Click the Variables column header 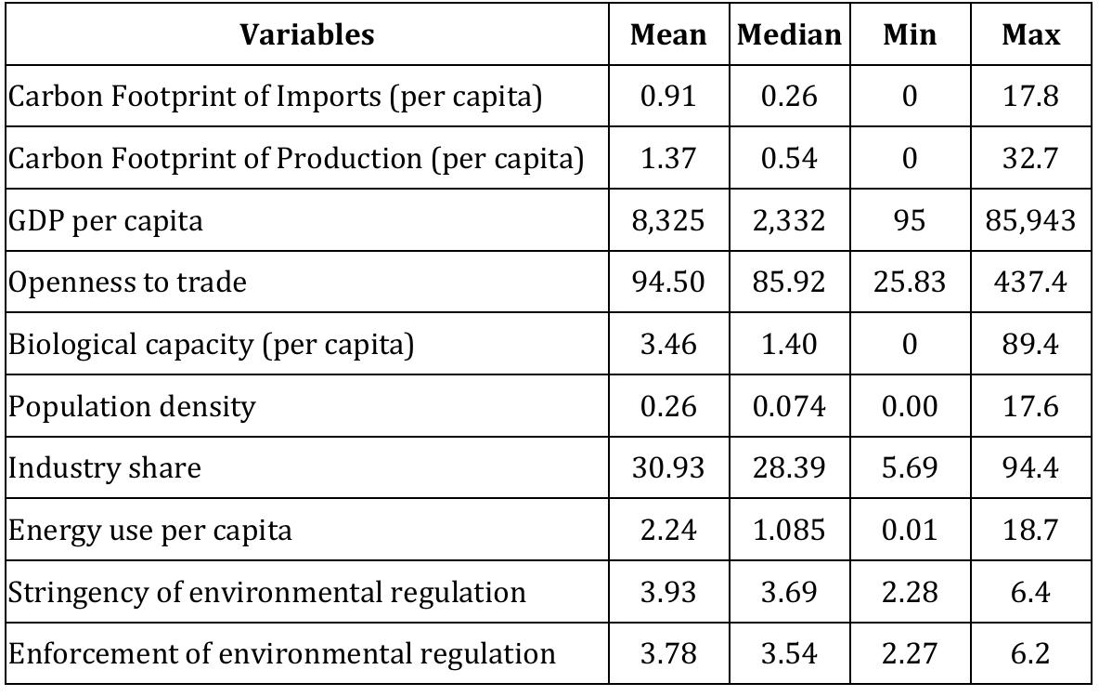(307, 35)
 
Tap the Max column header (1030, 35)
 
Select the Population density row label (131, 406)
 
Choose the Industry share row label (104, 467)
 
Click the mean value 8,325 (668, 220)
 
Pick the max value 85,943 (1030, 220)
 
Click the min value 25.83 (909, 282)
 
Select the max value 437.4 (1030, 282)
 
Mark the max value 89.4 (1030, 344)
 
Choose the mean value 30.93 (668, 467)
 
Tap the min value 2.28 (909, 592)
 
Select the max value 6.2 (1030, 653)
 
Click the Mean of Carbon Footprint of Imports (668, 97)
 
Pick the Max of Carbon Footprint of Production (1030, 158)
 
